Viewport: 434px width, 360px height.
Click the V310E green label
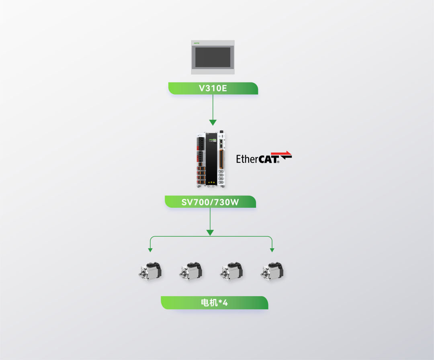[213, 88]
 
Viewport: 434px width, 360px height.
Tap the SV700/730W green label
[210, 202]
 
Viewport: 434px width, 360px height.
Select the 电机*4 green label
[214, 303]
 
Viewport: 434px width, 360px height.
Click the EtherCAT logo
[264, 157]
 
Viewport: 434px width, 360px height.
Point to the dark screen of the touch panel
[213, 57]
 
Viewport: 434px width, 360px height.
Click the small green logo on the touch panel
[197, 42]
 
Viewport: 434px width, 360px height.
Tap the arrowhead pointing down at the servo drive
[213, 123]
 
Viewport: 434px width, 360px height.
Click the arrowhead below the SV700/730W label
[210, 233]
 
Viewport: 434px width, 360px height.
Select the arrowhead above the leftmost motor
[150, 250]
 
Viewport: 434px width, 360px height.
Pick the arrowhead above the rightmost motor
[272, 250]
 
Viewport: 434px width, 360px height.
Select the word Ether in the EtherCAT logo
[247, 159]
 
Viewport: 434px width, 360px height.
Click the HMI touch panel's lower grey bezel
[213, 71]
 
